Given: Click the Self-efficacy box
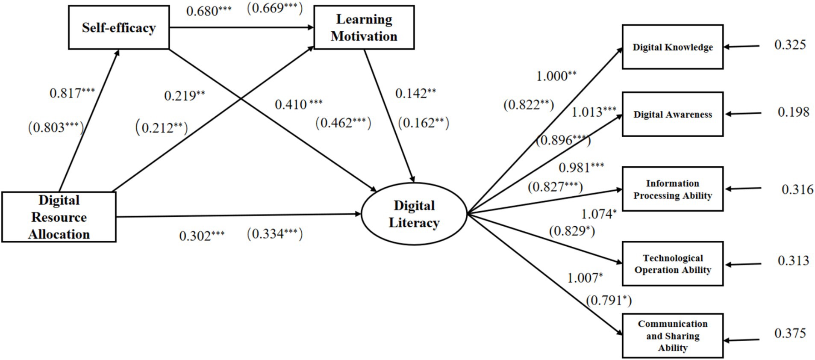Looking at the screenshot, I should pos(119,27).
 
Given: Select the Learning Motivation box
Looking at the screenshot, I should pos(364,27).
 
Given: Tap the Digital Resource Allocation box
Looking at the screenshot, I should pos(59,217).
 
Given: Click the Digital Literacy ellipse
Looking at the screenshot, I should pos(414,214).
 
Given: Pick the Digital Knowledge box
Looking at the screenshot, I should pos(672,47).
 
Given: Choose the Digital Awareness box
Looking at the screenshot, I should pos(672,114).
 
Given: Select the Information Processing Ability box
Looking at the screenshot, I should pos(672,189).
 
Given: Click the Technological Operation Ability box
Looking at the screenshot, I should pos(672,264).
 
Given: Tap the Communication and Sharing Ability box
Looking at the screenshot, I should pos(672,336).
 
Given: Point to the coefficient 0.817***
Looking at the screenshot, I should pos(72,93).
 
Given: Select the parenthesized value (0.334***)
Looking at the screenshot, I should pos(274,234).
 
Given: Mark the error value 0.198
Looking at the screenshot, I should pos(793,112).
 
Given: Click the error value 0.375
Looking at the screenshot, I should pos(790,333).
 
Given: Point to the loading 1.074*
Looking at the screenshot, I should pos(598,214).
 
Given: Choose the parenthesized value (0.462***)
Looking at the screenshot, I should pos(343,123).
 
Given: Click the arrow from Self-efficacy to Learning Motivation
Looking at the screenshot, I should pos(241,28).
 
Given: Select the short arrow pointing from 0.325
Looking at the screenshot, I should pos(741,46).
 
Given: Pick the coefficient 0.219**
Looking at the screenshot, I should pos(185,95).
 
